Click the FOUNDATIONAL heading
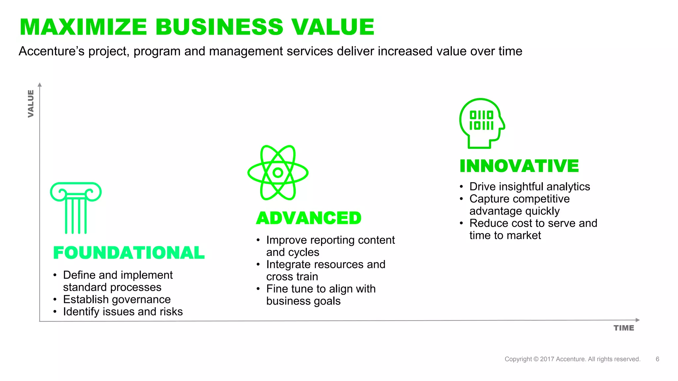[x=129, y=253]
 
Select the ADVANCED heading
[x=309, y=218]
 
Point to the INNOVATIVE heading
[x=519, y=166]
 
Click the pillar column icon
[x=76, y=208]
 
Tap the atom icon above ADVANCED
[x=278, y=173]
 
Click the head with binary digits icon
[x=481, y=123]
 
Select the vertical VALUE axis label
[x=31, y=104]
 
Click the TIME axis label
[x=624, y=328]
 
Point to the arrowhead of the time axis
[x=638, y=320]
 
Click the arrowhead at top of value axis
[x=40, y=85]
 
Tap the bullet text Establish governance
[x=117, y=300]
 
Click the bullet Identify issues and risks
[x=123, y=312]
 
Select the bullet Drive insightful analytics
[x=529, y=187]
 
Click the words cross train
[x=292, y=277]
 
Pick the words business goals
[x=303, y=301]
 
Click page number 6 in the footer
[x=657, y=359]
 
